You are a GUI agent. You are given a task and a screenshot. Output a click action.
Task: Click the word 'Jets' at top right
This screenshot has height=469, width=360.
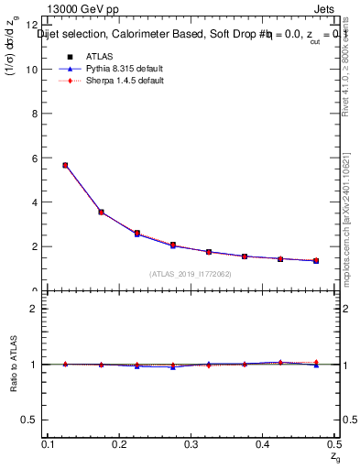pyautogui.click(x=324, y=8)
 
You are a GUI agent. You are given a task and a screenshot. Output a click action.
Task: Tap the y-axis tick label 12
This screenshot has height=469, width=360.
pyautogui.click(x=35, y=26)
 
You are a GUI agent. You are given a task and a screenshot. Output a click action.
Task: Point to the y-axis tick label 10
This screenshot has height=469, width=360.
pyautogui.click(x=35, y=70)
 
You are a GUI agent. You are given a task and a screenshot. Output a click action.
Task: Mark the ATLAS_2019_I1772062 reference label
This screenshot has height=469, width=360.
pyautogui.click(x=191, y=274)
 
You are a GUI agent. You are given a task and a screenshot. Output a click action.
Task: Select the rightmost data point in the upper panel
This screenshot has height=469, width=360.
pyautogui.click(x=316, y=261)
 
